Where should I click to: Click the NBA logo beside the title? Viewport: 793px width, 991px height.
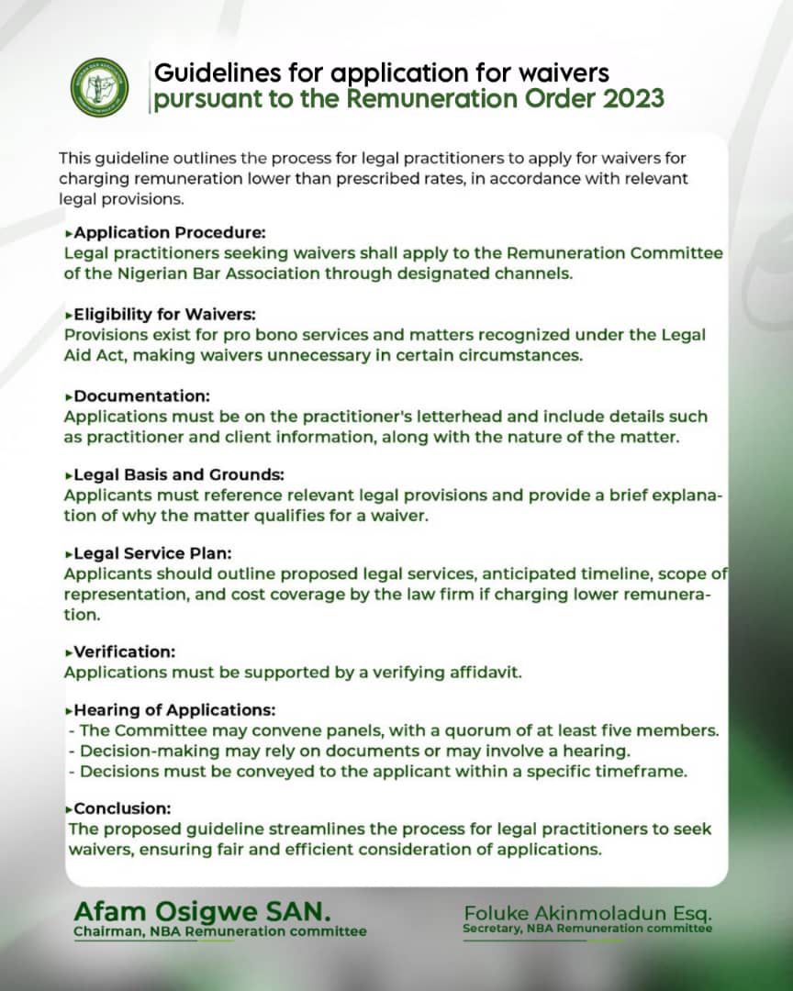(100, 87)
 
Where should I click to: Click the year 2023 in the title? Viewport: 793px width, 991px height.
(632, 99)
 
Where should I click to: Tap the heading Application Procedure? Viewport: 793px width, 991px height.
(170, 233)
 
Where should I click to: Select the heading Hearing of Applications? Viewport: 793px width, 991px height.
(174, 710)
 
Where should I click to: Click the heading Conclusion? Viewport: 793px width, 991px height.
(123, 808)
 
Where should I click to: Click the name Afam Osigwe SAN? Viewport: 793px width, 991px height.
(202, 912)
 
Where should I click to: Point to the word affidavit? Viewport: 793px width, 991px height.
(486, 673)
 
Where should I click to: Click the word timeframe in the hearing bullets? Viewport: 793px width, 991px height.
(644, 771)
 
